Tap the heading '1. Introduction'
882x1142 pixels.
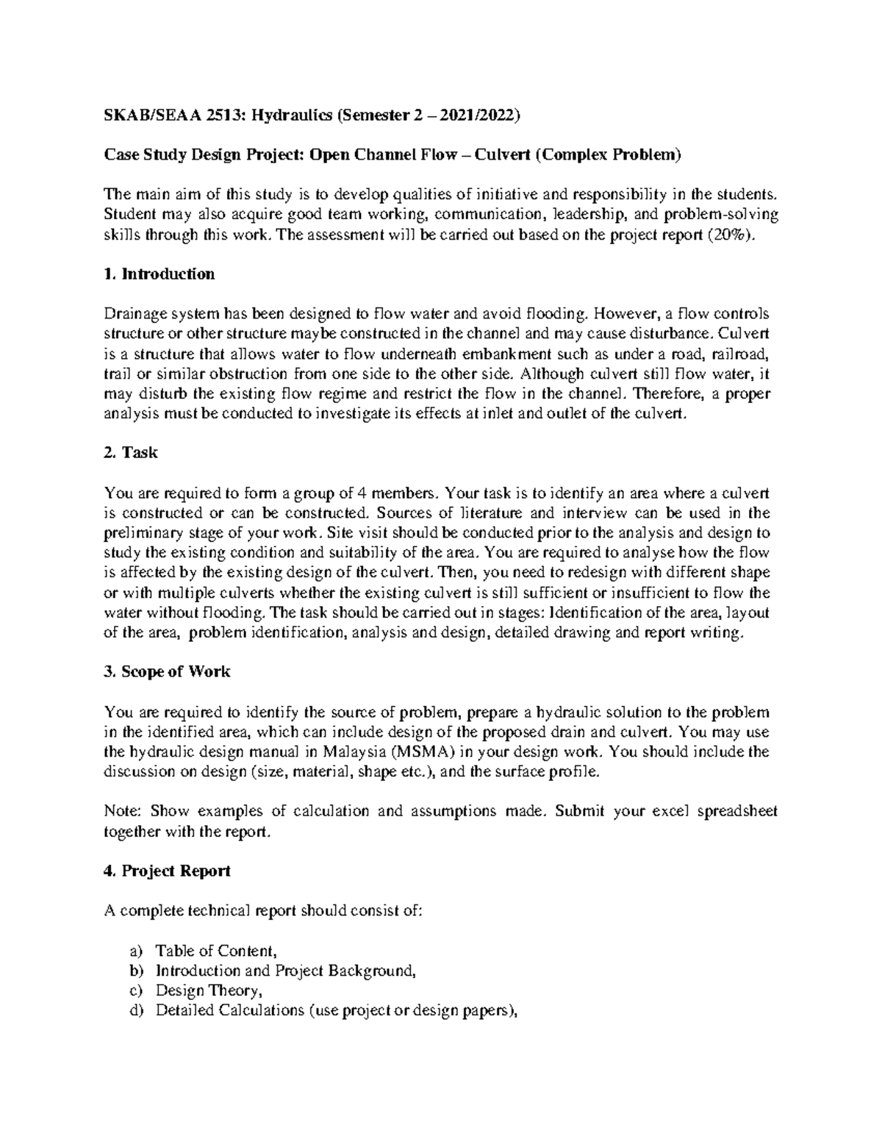coord(159,274)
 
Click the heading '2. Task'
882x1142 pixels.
coord(132,453)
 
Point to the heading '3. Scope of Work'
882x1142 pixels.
coord(167,671)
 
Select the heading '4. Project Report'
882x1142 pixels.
coord(167,871)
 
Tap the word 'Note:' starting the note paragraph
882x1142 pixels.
coord(123,811)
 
